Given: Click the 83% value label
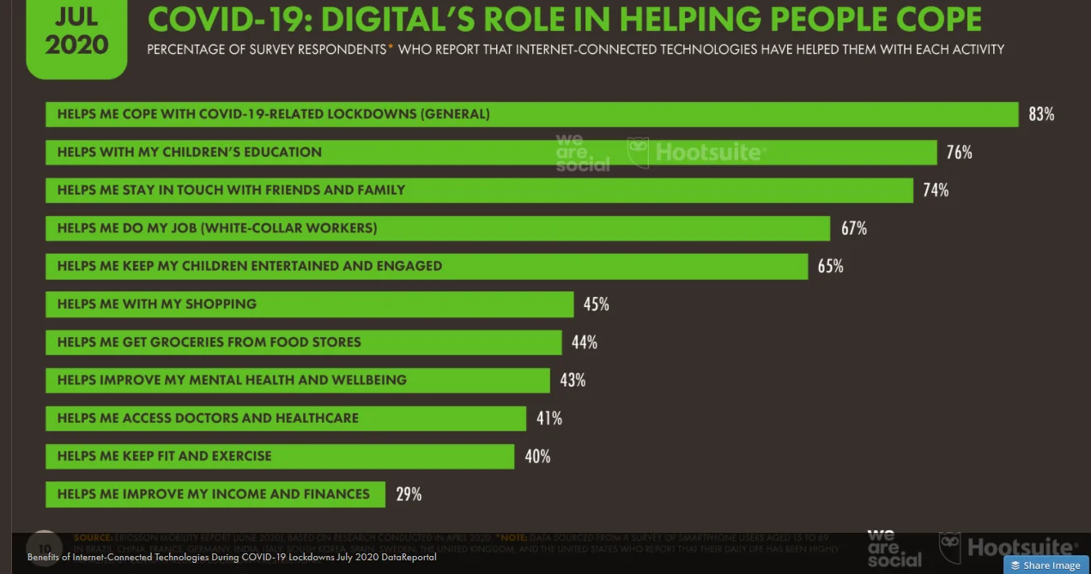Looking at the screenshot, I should click(x=1040, y=114).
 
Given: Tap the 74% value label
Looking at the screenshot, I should click(x=936, y=190).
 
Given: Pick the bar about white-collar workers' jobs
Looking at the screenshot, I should click(x=438, y=228).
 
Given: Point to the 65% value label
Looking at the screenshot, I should click(x=830, y=266).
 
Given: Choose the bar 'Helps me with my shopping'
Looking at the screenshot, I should click(x=309, y=304).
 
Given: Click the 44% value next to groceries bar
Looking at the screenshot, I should click(x=585, y=342).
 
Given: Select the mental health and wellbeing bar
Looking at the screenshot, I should click(x=298, y=380).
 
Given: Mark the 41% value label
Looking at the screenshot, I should click(x=549, y=418).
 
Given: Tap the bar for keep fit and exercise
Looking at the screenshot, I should click(x=280, y=456).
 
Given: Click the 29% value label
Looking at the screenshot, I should click(x=409, y=494).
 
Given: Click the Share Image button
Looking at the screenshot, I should click(x=1046, y=565).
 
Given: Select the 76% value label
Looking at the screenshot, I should click(x=959, y=153).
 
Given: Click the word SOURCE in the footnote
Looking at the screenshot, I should click(x=93, y=538).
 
